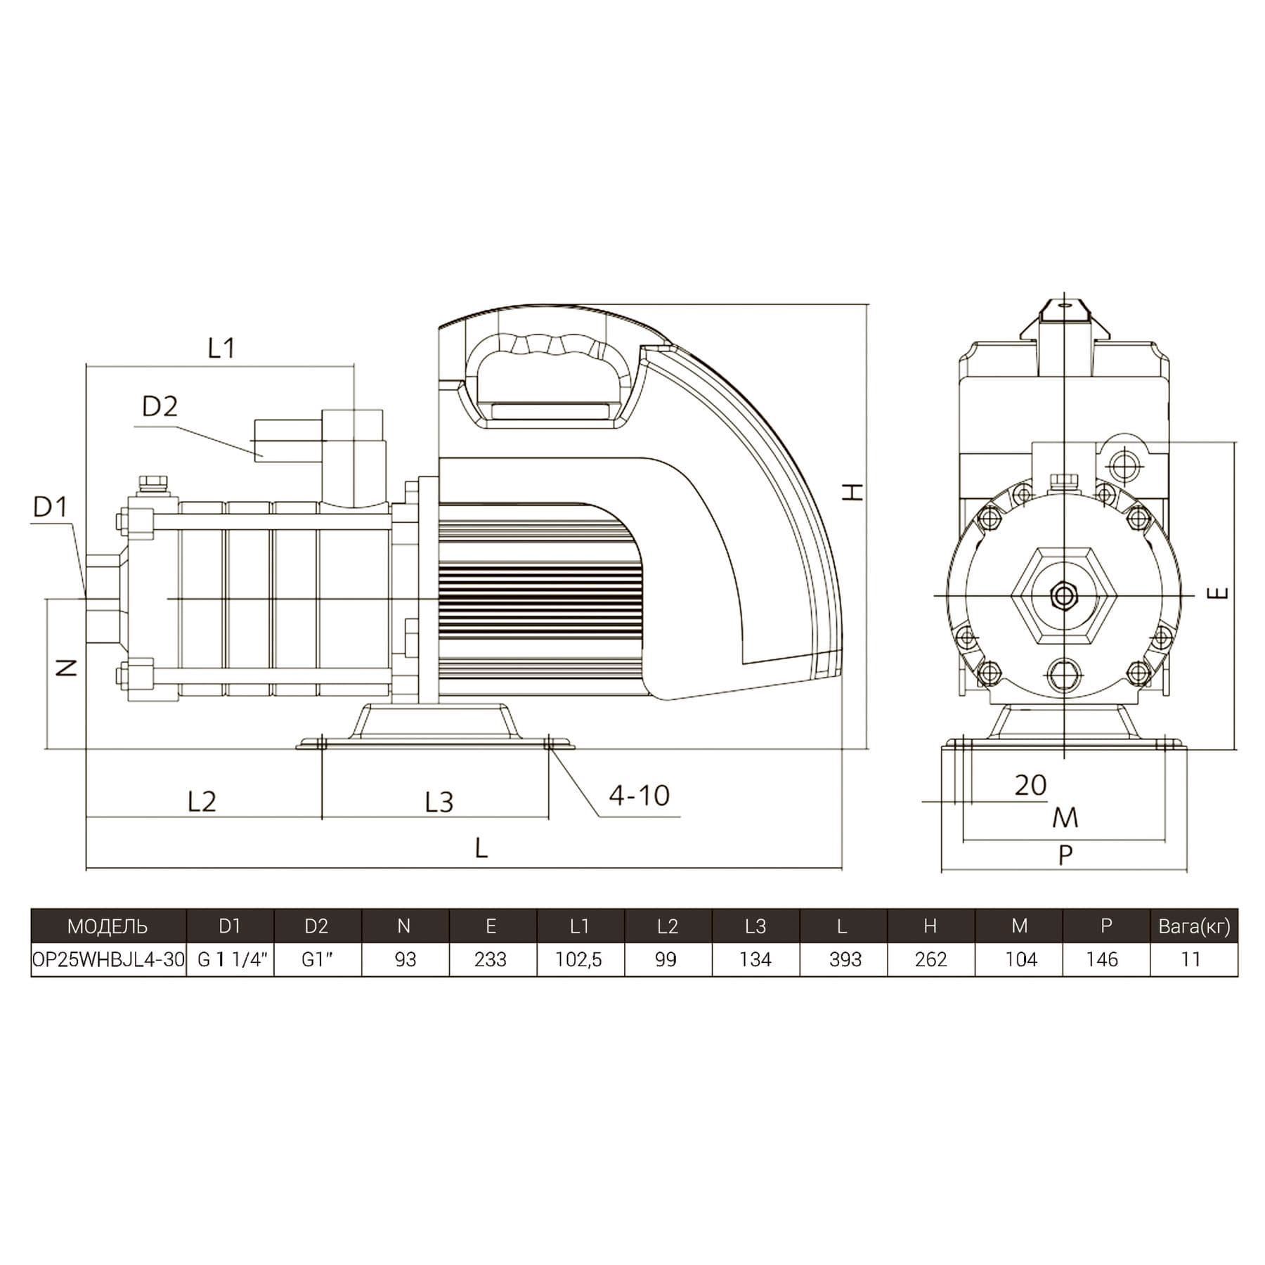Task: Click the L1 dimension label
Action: pos(221,348)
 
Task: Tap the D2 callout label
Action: pos(160,406)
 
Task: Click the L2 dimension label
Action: pos(202,801)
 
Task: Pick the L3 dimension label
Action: pos(439,802)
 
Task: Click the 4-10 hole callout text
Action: pos(639,796)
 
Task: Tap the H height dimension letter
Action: pos(854,492)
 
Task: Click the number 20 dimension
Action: pos(1030,785)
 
